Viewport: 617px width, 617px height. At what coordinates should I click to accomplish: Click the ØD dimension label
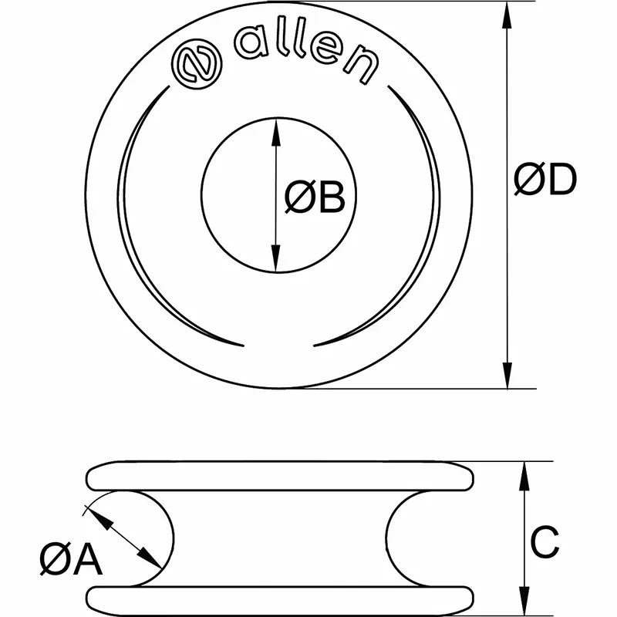click(x=545, y=182)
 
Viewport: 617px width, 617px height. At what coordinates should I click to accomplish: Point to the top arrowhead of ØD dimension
click(x=506, y=11)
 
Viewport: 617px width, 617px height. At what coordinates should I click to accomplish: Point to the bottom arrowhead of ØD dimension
click(x=506, y=379)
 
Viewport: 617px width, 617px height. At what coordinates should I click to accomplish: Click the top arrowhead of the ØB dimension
click(x=275, y=128)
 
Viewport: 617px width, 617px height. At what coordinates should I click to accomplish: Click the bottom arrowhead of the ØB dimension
click(x=275, y=262)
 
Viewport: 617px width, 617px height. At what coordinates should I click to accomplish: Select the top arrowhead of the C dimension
click(x=524, y=471)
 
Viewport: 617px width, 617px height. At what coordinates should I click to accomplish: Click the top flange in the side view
click(x=278, y=475)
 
